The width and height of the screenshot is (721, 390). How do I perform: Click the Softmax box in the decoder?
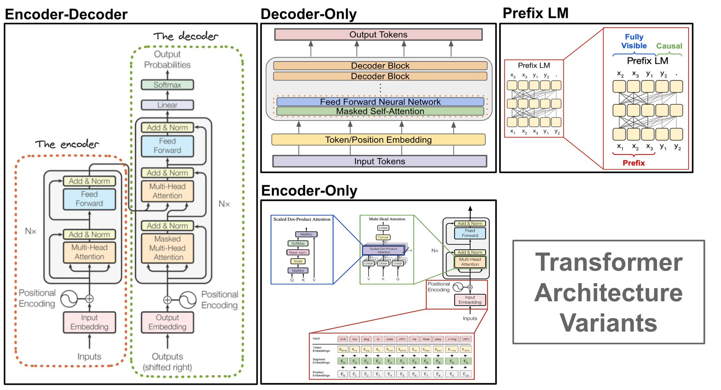click(x=167, y=85)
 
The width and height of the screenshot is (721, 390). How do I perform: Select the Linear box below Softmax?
click(x=167, y=105)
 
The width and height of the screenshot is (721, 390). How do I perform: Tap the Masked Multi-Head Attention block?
click(x=167, y=248)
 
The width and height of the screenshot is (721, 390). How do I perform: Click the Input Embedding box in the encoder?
click(x=89, y=322)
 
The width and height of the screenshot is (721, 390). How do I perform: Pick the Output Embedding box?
click(x=167, y=322)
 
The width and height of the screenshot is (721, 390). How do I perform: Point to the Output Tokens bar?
click(x=378, y=35)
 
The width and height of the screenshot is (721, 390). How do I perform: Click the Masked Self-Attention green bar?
click(x=380, y=111)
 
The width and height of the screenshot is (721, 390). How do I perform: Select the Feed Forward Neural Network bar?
click(x=380, y=102)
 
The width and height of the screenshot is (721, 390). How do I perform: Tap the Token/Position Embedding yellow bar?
click(x=378, y=140)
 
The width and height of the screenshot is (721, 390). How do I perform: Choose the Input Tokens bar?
click(x=380, y=161)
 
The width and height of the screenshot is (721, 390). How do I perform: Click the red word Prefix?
click(x=633, y=163)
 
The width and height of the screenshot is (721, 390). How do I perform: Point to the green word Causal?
click(x=669, y=46)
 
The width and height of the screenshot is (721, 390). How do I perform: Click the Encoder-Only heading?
click(x=309, y=191)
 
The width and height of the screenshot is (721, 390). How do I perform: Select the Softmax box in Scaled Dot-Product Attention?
click(x=298, y=243)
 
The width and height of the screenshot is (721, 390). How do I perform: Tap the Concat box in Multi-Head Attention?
click(x=383, y=237)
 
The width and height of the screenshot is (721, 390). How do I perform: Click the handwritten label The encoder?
click(x=67, y=144)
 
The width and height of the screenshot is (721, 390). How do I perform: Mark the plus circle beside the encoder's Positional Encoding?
click(x=89, y=299)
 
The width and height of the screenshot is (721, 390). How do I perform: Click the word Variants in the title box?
click(x=608, y=323)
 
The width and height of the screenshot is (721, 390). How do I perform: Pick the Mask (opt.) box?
click(x=298, y=252)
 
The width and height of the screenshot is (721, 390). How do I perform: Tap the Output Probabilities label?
click(x=167, y=60)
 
